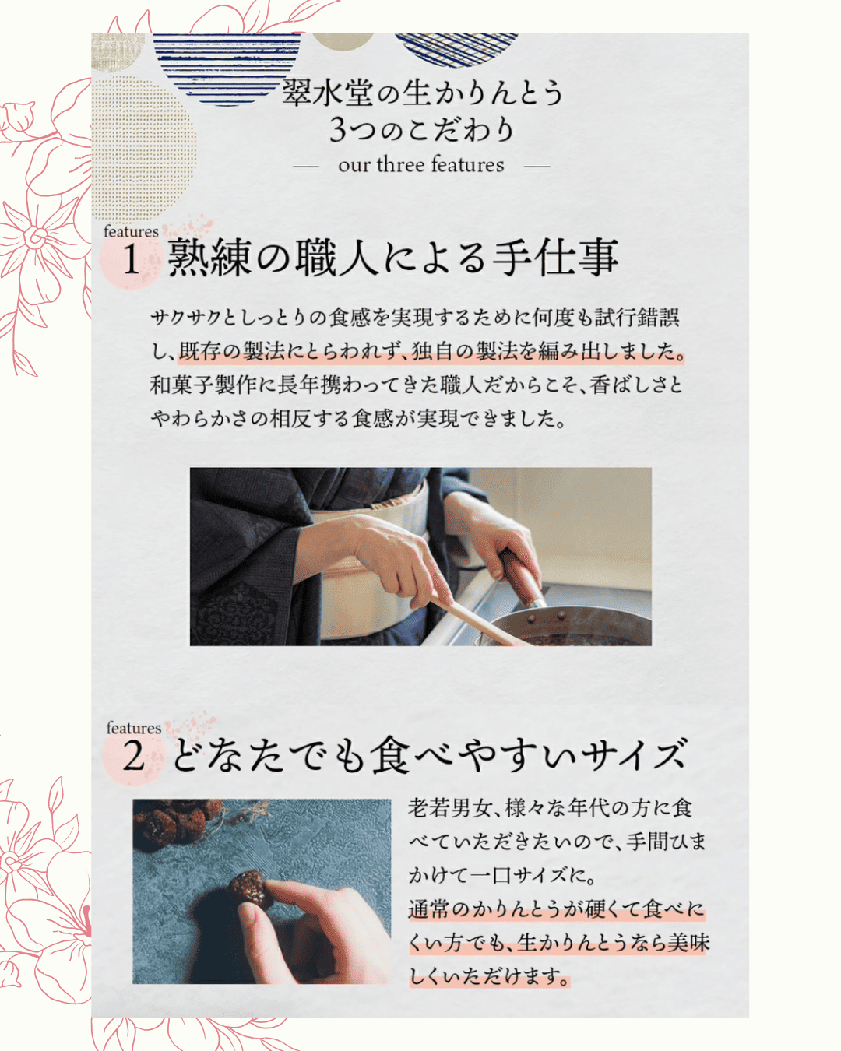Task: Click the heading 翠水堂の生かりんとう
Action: [422, 93]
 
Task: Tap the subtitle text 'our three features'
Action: [420, 165]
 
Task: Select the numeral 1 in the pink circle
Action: [131, 258]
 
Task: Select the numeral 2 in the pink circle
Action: [133, 755]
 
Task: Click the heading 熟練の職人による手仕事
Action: [393, 258]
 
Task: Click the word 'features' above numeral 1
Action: [131, 231]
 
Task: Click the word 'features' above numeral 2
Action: [133, 728]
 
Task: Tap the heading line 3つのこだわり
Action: [422, 130]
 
